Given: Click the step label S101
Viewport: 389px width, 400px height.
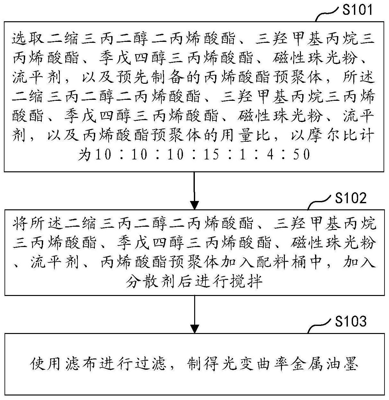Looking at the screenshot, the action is point(357,9).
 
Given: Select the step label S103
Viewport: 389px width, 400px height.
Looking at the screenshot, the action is point(350,321).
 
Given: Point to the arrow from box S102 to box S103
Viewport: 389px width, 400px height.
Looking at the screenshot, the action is point(194,314).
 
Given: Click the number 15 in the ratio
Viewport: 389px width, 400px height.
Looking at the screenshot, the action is point(211,154).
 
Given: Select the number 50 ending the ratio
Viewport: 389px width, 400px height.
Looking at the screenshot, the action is point(301,154).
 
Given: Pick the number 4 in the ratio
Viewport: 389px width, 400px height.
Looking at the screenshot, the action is point(270,154).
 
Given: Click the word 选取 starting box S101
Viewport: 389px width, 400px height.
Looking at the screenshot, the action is point(28,38).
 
